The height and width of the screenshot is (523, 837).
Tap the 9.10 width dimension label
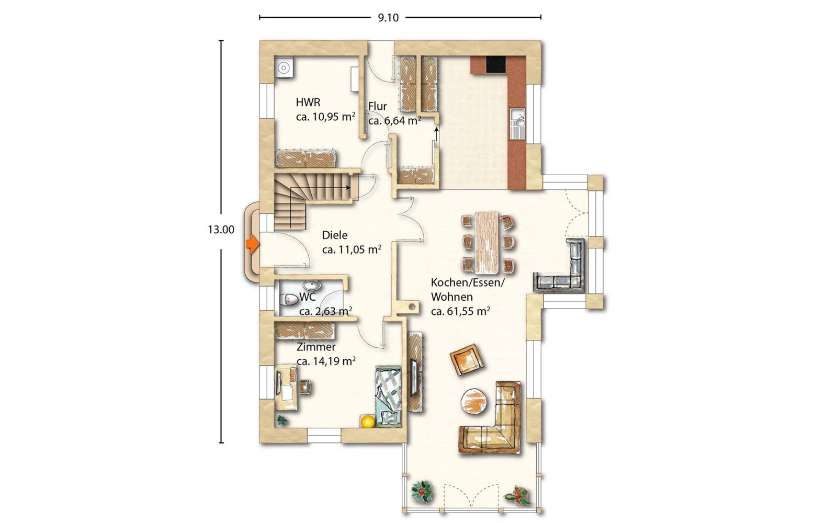tap(388, 18)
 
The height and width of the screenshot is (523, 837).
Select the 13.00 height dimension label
tap(221, 230)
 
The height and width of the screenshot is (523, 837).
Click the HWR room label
tap(308, 102)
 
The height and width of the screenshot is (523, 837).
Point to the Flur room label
tap(377, 106)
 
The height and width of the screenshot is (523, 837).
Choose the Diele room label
tap(335, 235)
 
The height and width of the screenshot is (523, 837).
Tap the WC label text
tap(308, 297)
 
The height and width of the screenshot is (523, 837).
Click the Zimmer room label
tap(316, 347)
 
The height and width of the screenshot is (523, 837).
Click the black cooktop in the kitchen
tap(496, 64)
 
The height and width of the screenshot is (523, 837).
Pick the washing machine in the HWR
tap(284, 67)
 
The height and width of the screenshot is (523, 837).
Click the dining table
tap(487, 243)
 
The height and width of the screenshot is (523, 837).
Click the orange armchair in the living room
tap(467, 359)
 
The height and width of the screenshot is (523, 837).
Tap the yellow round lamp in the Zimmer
tap(368, 422)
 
